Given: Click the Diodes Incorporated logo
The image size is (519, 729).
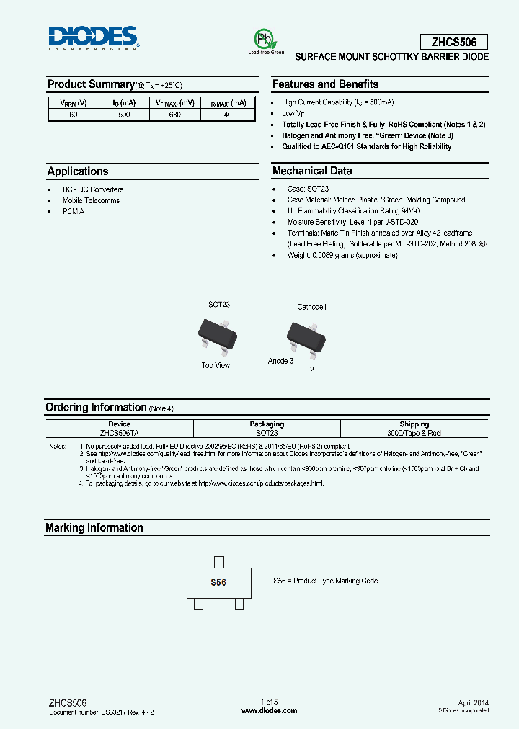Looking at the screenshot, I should pos(93,37).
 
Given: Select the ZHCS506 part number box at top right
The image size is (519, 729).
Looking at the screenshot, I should pos(453,42).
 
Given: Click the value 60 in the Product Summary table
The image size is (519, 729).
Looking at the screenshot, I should pos(73,115).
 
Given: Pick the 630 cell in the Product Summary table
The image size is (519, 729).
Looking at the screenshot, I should pos(175,115).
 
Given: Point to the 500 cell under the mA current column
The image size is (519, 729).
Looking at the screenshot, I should pos(124,115).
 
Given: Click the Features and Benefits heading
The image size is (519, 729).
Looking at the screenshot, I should pos(325,84).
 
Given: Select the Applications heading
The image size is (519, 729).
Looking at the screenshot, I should pos(78,171).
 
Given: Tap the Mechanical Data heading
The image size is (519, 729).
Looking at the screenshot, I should pos(312,171).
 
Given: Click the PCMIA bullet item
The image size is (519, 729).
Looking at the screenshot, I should pos(74,212).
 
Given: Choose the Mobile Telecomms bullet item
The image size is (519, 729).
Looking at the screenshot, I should pos(91,200).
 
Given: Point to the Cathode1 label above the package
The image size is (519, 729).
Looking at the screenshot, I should pos(312,307).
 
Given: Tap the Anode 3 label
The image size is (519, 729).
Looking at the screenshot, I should pos(280,361).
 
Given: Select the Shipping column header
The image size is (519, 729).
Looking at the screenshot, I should pos(414,424).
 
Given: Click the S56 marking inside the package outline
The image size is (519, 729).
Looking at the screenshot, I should pos(218,583).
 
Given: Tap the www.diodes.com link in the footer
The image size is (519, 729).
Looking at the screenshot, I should pos(269,711).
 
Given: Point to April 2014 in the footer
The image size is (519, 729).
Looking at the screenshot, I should pos(473,702).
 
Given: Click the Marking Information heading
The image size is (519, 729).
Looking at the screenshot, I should pos(94,528).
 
